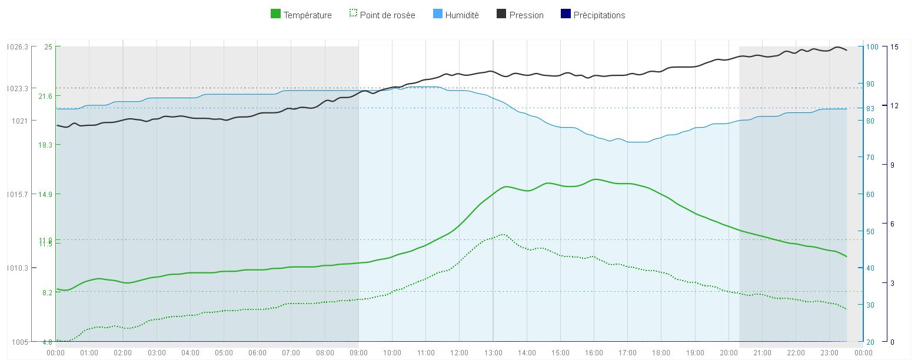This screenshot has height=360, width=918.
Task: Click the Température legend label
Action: (307, 15)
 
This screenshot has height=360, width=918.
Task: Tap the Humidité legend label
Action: (461, 15)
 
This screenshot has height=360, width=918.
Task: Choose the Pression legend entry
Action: (526, 15)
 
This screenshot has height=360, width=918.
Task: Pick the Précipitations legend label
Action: (599, 15)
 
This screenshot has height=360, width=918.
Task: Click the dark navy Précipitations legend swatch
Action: (566, 15)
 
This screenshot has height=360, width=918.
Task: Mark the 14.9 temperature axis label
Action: (45, 194)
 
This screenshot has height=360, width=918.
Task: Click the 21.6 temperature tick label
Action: (45, 96)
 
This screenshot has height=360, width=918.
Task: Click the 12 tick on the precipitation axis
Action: (894, 106)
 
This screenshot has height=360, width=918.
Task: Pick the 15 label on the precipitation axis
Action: (894, 47)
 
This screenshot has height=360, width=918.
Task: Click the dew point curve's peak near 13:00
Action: (502, 234)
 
